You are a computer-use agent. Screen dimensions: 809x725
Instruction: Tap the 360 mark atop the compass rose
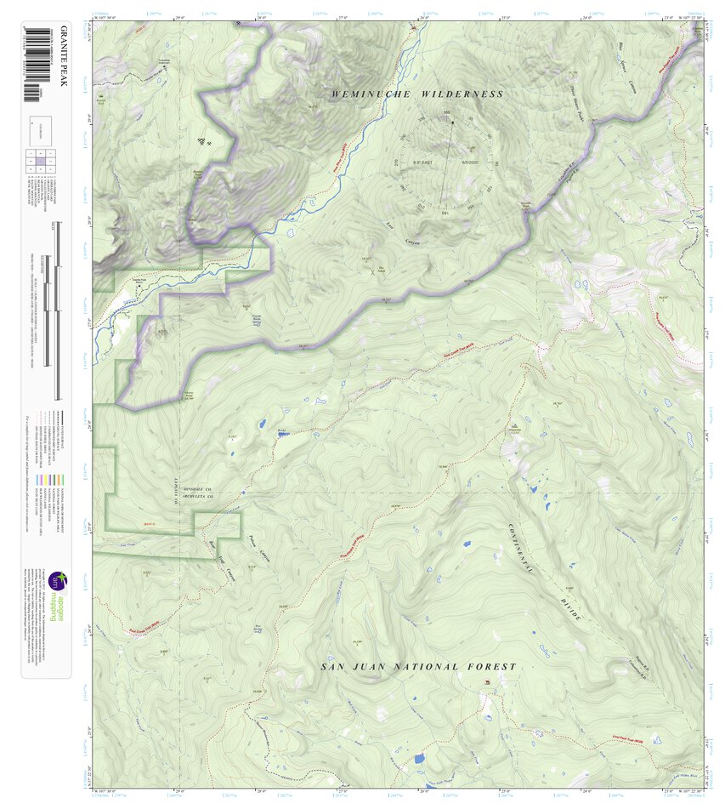pyautogui.click(x=447, y=114)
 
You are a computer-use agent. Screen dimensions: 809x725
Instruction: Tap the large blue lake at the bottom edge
pyautogui.click(x=418, y=758)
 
